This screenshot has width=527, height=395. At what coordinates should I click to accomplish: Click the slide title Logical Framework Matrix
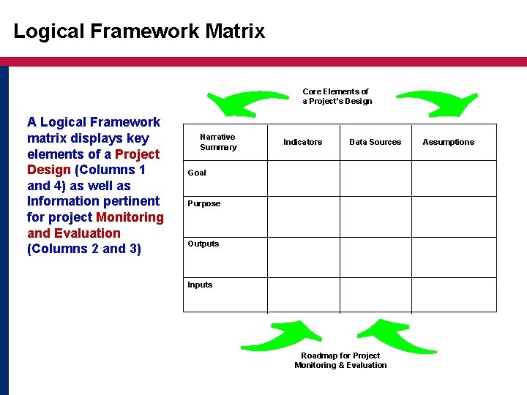[x=139, y=31]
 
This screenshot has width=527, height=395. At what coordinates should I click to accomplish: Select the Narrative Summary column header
[x=218, y=142]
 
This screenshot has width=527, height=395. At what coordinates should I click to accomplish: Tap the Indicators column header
[x=302, y=142]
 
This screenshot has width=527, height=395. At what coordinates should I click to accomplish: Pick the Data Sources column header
[x=375, y=142]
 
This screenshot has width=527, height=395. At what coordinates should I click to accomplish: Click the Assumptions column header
[x=448, y=142]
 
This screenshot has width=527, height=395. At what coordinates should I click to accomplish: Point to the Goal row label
[x=197, y=173]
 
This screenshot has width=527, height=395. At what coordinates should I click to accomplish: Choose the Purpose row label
[x=203, y=203]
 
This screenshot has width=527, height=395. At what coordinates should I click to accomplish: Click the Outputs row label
[x=203, y=244]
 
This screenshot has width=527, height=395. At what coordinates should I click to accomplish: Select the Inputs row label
[x=200, y=285]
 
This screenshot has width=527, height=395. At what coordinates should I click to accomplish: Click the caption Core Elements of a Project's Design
[x=337, y=97]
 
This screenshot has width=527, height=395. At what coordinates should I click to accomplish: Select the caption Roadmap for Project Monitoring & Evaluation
[x=340, y=361]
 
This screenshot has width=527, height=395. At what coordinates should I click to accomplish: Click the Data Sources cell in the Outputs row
[x=375, y=257]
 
